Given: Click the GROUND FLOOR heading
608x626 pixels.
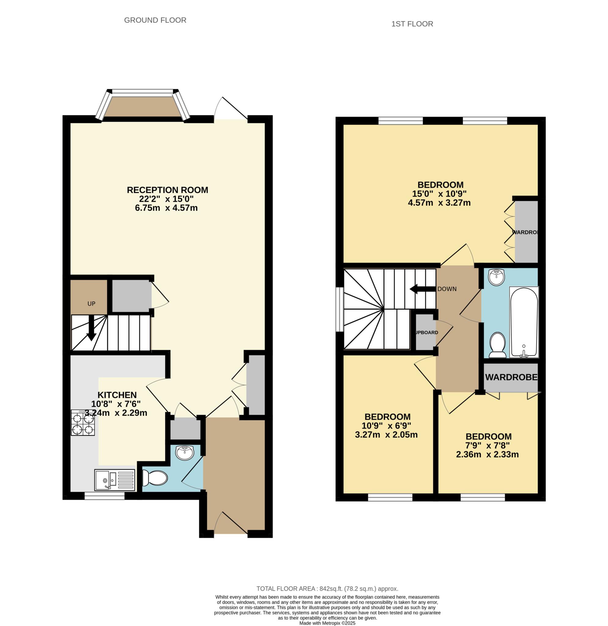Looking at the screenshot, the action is pos(155,20).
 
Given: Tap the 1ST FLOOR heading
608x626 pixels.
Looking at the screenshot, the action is pos(412,24).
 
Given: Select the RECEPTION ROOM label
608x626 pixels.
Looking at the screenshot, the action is pos(167,190).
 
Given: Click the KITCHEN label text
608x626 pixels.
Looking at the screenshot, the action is pos(117,395).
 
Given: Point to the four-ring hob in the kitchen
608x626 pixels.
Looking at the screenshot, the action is pos(83,423).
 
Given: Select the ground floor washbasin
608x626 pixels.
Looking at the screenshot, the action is pos(185,453).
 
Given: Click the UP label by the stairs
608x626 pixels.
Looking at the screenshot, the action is pos(91,304).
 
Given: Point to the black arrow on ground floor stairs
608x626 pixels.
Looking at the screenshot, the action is pos(91,328).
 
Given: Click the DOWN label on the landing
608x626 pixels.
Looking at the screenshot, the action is pos(447,289).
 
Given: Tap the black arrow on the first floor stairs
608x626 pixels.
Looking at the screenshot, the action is pos(423,289).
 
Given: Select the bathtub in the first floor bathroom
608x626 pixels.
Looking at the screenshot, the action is pos(524,322).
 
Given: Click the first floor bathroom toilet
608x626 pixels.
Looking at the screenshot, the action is pos(498,345).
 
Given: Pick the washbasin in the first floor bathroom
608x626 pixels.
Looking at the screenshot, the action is pos(496,277).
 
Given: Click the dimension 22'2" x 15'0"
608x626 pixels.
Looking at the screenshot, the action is pos(166,199).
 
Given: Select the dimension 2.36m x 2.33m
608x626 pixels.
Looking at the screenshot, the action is pos(487,455).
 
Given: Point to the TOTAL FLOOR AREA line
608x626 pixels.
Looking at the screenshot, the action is pos(328,589).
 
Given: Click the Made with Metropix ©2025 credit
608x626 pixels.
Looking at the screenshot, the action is pos(327,623).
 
